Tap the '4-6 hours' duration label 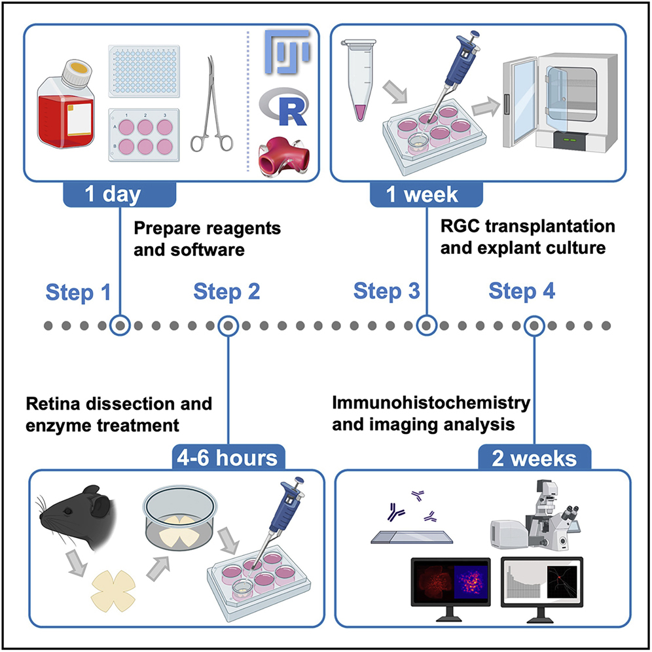pyautogui.click(x=226, y=456)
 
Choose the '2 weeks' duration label pyautogui.click(x=535, y=457)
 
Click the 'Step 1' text pyautogui.click(x=78, y=293)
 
